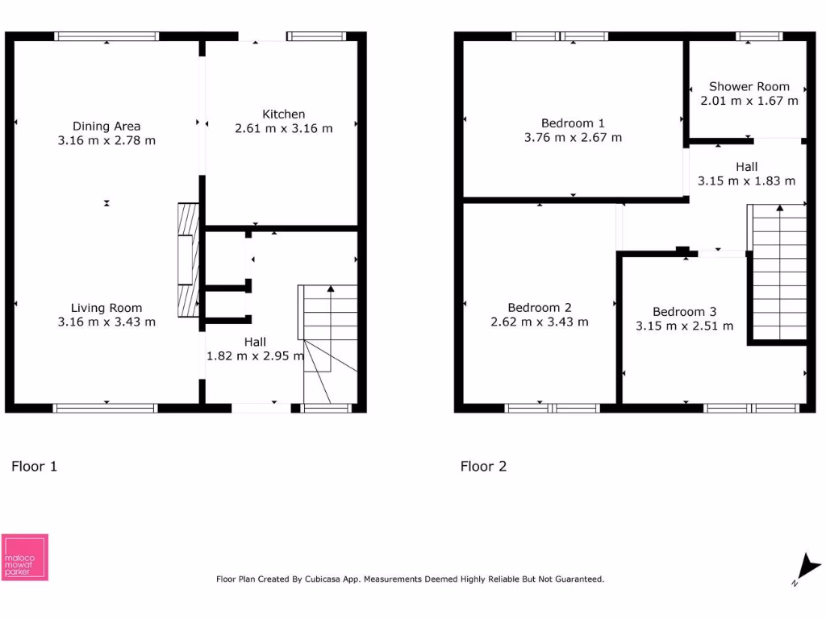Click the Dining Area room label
coord(106,126)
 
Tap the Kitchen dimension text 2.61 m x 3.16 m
coord(283,128)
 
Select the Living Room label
coord(106,308)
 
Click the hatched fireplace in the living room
coord(187,260)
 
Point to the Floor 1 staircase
coord(329,343)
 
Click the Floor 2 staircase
coord(778,272)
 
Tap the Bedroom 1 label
coord(573,123)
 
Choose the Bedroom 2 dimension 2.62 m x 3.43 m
coord(540,322)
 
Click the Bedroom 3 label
coord(684,312)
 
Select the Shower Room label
coord(749,86)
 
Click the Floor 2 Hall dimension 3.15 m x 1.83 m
coord(746,181)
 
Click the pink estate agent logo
coord(25,557)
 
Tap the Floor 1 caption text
coord(34,466)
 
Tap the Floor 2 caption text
coord(483,466)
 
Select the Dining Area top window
coord(106,36)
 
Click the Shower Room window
coord(759,36)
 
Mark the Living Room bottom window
coord(106,408)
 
